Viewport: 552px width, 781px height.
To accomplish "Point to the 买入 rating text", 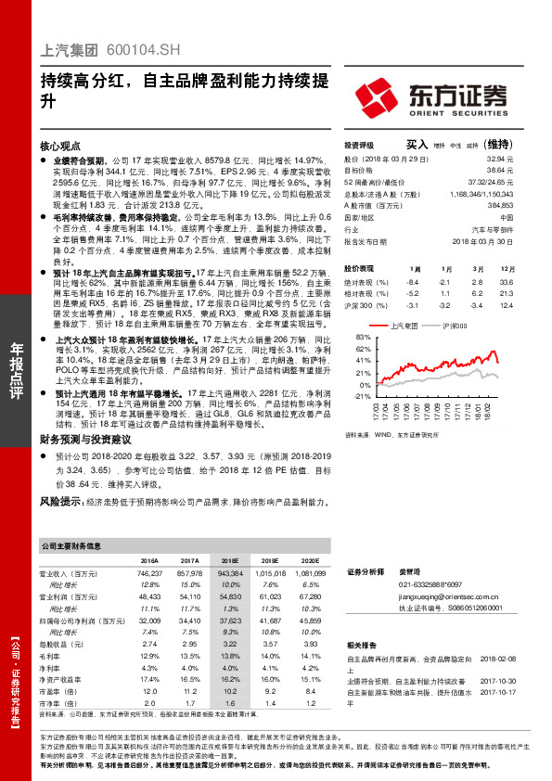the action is pos(417,145).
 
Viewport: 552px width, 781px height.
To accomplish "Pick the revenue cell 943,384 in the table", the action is pos(228,575).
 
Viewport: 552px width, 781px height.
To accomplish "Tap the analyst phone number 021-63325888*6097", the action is pos(430,585).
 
